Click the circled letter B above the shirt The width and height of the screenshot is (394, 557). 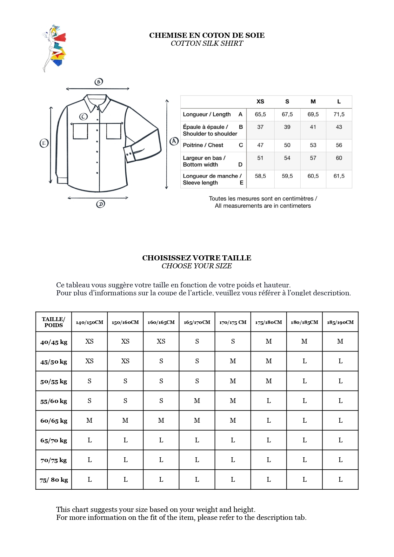[99, 82]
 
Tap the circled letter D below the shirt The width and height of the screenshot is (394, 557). [100, 204]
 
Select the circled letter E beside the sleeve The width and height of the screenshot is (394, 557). [44, 143]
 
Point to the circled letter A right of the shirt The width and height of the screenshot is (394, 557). [174, 141]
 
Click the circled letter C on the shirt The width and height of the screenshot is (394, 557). [83, 117]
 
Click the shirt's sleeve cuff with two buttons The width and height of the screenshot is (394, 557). [130, 155]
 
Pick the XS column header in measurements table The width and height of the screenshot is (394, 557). [260, 102]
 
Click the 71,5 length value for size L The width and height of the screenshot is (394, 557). [339, 114]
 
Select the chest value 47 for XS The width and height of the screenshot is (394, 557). [260, 145]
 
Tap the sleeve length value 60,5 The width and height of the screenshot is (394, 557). [313, 176]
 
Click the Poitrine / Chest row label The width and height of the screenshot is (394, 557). [203, 145]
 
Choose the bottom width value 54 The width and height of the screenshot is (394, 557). [287, 158]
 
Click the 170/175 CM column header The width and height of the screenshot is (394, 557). [233, 322]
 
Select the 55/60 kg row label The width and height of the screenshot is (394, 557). [54, 401]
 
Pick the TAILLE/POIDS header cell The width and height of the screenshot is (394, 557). [54, 322]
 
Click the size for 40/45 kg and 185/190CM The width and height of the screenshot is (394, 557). [340, 341]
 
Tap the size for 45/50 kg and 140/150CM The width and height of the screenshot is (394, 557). [90, 361]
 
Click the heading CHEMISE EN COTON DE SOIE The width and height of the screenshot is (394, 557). [207, 35]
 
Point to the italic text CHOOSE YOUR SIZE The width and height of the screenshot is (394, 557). [197, 266]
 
